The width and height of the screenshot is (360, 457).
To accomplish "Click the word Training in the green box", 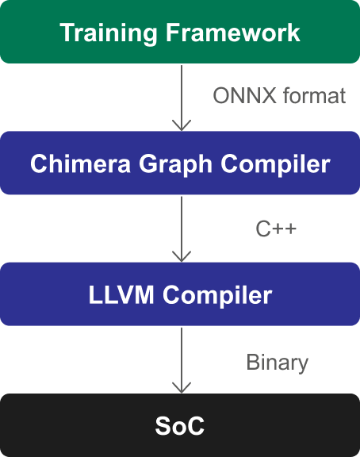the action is tap(109, 33).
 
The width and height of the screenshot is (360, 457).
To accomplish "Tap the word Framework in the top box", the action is tap(232, 32).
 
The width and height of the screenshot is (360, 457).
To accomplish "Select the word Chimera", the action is tap(80, 163).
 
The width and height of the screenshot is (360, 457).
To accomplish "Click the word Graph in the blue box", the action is tap(175, 165).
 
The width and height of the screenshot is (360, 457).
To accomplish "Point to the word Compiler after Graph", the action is tap(275, 165).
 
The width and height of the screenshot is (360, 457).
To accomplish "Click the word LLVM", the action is tap(121, 294).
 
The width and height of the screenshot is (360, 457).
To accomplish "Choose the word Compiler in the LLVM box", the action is tap(217, 296).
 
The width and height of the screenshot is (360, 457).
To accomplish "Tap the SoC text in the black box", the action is tap(180, 426).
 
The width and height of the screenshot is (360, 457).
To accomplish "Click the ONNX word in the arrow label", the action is tap(245, 95).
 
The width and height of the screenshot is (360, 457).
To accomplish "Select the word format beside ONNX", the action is tap(314, 95).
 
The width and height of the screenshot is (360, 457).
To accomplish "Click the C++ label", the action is tap(276, 228).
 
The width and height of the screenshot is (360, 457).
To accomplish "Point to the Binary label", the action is tap(277, 363).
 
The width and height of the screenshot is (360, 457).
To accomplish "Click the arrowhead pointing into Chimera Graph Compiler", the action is tap(182, 126).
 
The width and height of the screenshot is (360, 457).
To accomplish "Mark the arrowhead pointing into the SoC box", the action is tap(182, 389).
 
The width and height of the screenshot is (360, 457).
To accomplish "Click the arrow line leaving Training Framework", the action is tap(182, 98).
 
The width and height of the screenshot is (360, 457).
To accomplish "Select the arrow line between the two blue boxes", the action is tap(182, 229).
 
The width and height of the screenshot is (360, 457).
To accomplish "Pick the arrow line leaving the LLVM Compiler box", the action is tap(182, 360).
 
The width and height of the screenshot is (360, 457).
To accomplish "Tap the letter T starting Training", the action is tap(68, 33).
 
